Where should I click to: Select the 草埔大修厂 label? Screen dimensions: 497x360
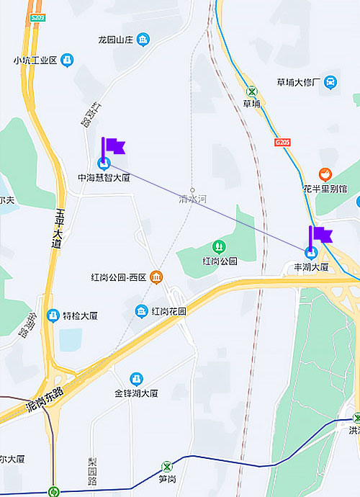297,82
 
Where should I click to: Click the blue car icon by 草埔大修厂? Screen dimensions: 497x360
330,82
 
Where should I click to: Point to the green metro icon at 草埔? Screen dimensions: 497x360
251,91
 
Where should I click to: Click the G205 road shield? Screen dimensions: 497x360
282,143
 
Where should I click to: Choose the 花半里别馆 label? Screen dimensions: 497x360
325,189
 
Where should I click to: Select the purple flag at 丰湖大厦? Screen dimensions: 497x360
320,236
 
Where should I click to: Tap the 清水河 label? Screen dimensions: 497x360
192,199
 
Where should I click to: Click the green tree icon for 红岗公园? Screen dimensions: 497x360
220,247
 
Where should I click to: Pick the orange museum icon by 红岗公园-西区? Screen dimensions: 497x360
156,277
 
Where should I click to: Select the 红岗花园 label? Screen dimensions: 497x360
169,311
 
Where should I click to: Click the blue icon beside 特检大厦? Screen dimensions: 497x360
53,315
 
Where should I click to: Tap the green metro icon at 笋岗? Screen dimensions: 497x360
167,466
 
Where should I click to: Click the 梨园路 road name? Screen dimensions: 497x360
92,470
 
